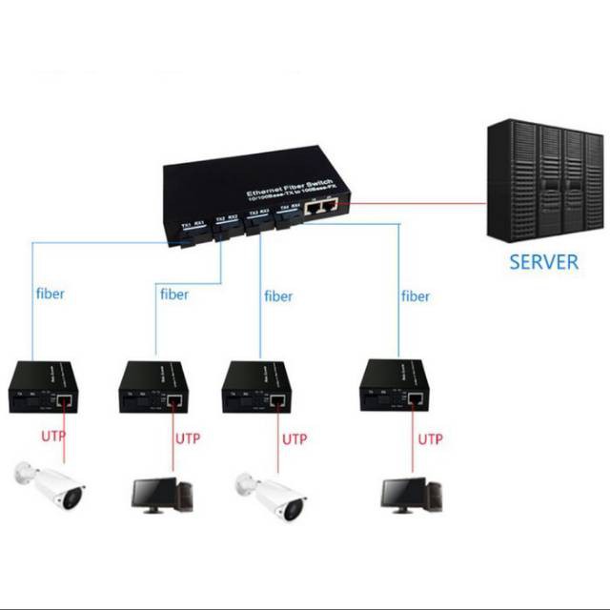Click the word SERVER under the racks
(x=543, y=261)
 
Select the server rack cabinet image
(x=542, y=183)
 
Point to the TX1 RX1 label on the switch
(x=193, y=226)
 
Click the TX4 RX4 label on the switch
(x=289, y=207)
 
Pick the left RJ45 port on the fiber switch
(x=315, y=207)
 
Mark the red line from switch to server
(x=410, y=202)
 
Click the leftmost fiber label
(x=49, y=294)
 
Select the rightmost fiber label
(x=416, y=296)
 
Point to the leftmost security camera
(x=49, y=485)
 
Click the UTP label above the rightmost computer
(x=431, y=439)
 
